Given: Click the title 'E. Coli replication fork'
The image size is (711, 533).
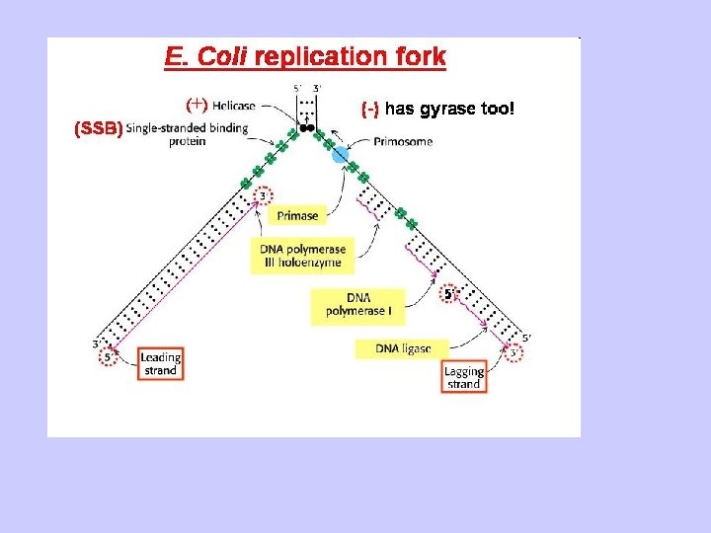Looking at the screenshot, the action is click(305, 58).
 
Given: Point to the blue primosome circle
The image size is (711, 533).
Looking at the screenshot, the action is click(341, 154).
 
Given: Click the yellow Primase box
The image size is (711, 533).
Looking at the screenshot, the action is click(297, 215).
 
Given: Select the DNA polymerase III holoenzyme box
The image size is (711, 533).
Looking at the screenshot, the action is click(299, 255).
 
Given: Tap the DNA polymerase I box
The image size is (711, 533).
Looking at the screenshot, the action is click(357, 306).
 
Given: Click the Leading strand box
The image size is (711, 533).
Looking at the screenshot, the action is click(160, 363).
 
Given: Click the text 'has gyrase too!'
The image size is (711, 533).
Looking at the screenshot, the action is click(449, 108).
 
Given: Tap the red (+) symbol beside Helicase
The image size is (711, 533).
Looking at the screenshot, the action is click(197, 104).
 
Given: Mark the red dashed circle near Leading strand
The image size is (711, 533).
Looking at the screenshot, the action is click(107, 357).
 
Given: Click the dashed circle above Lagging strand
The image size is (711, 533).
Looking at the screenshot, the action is click(513, 353).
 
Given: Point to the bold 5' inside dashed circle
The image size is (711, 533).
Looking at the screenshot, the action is click(448, 294).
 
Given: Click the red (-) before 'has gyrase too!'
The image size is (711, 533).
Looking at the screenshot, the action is click(370, 109).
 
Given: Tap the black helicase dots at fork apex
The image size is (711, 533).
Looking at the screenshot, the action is click(307, 128).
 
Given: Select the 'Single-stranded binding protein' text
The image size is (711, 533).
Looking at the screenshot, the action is click(187, 135).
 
